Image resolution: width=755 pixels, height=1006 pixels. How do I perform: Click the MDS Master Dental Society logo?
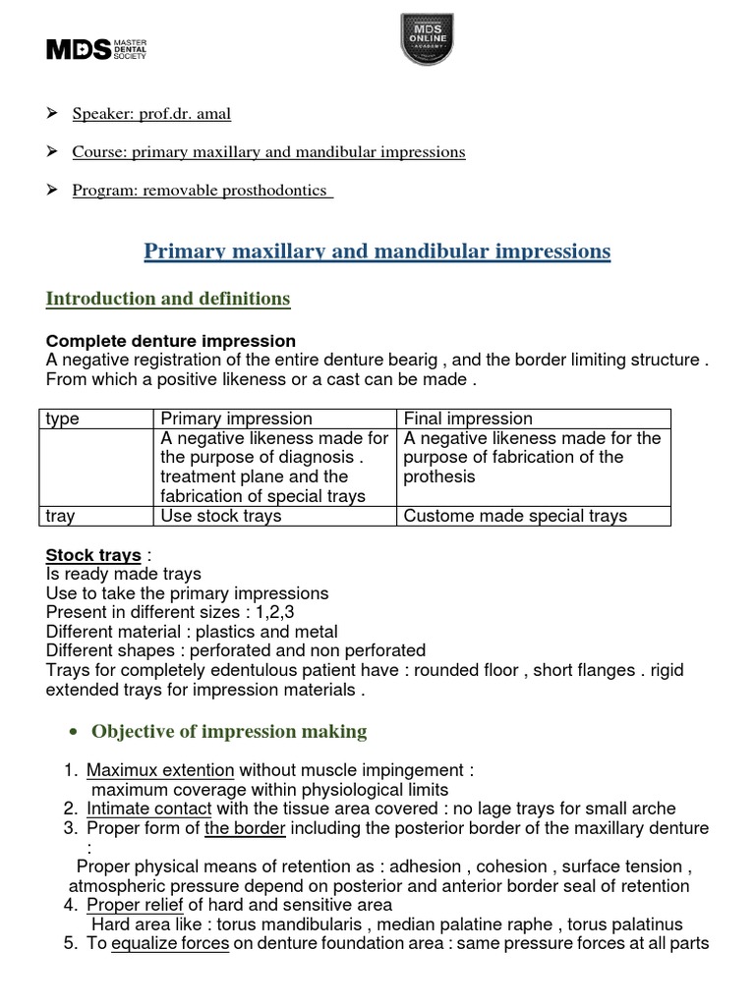(96, 50)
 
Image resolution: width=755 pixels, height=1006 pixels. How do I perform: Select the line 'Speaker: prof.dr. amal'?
(151, 114)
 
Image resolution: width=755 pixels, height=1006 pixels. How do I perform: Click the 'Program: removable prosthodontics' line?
(202, 191)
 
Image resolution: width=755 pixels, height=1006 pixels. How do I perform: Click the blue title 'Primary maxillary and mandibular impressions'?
(377, 251)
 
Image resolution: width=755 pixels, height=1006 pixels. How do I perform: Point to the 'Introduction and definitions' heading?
(168, 299)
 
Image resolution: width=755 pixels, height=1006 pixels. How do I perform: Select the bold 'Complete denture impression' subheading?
(171, 341)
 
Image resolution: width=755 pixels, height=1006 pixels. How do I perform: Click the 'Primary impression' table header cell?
(236, 419)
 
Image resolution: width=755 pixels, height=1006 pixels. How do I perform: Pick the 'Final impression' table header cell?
(468, 419)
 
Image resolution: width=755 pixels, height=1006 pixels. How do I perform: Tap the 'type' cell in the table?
(63, 419)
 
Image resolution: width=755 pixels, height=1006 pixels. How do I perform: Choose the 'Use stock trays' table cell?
(220, 516)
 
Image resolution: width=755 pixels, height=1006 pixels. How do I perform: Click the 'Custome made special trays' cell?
(515, 516)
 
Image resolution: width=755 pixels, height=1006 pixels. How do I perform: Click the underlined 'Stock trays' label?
(93, 555)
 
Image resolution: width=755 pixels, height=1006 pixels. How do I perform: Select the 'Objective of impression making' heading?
(229, 731)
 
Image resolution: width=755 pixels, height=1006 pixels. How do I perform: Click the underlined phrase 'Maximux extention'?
(160, 770)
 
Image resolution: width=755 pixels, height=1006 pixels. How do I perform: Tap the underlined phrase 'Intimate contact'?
(149, 809)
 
